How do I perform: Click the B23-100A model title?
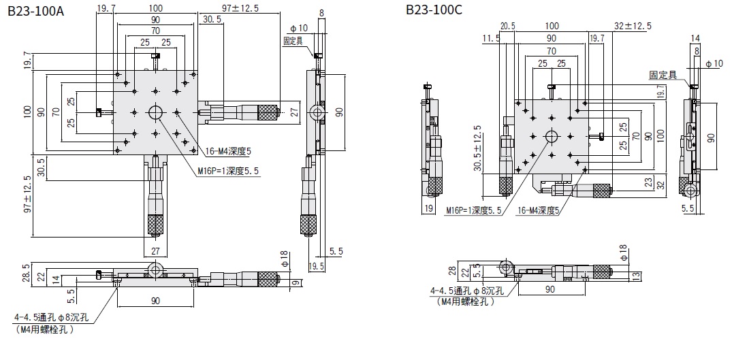click(x=35, y=12)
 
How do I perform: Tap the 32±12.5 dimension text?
click(x=633, y=26)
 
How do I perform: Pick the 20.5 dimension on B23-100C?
click(x=507, y=26)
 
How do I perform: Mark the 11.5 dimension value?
click(x=491, y=39)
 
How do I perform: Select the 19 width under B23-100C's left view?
click(x=429, y=208)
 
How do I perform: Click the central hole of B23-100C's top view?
click(x=551, y=136)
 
